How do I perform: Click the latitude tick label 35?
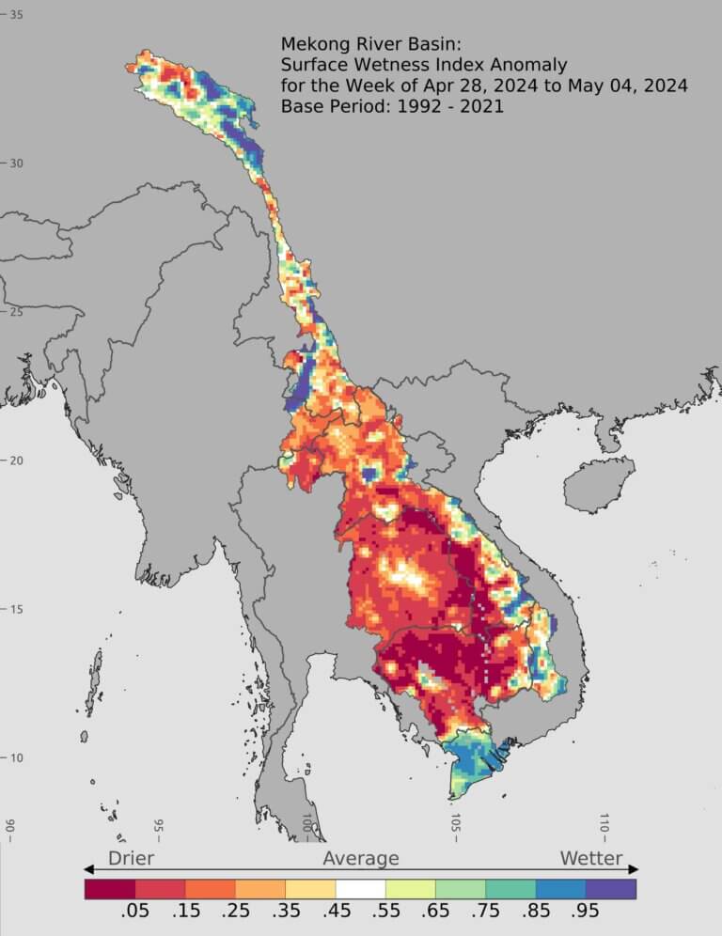tap(16, 14)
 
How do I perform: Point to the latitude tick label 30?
tap(16, 163)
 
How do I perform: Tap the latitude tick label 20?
tap(16, 460)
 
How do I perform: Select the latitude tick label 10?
tap(16, 757)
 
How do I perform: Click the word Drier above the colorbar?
tap(131, 858)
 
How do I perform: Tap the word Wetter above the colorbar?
tap(591, 858)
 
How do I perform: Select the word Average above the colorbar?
tap(361, 858)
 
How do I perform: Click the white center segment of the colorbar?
tap(361, 888)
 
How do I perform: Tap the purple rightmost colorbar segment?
tap(611, 888)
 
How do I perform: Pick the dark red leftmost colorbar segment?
tap(110, 888)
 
